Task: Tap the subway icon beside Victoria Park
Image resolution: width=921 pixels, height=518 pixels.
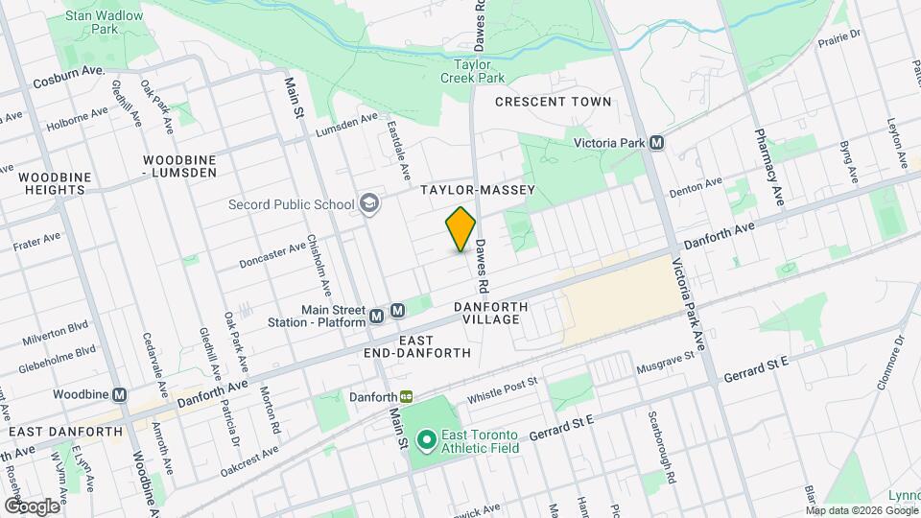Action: [657, 143]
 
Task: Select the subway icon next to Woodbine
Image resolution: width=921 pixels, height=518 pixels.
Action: [120, 394]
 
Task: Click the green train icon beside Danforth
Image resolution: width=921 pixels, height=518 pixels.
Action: [407, 397]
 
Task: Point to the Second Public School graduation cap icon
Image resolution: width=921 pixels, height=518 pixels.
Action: [368, 203]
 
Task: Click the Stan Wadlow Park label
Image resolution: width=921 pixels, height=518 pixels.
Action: [106, 22]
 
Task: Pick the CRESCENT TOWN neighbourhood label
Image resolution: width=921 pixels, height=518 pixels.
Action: [553, 102]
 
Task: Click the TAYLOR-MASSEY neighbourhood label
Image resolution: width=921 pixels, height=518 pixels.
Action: [477, 192]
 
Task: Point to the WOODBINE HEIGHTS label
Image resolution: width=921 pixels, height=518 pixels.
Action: [54, 184]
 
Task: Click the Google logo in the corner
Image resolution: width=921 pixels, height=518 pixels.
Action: [31, 506]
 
